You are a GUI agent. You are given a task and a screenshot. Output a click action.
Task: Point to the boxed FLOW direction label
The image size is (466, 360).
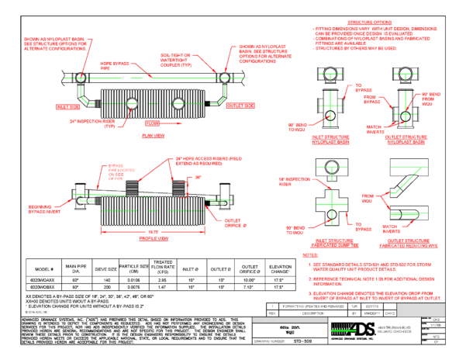[154, 122]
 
